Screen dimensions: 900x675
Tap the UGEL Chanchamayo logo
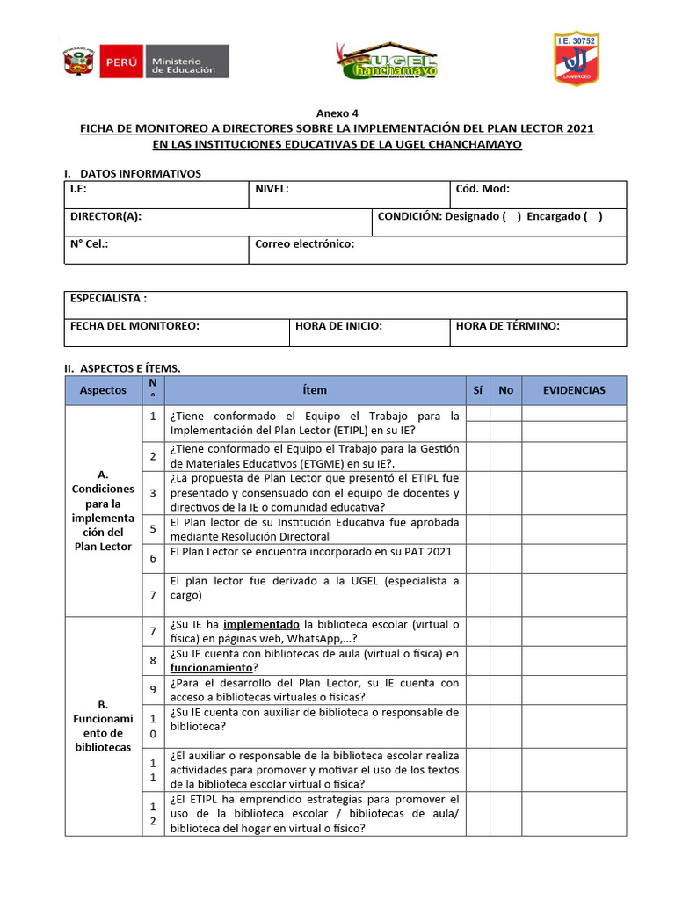point(387,62)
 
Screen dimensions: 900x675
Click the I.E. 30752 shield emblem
point(575,59)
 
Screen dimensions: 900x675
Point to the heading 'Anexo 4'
point(337,113)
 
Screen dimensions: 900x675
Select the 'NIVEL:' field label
point(272,189)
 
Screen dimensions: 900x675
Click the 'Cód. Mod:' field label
point(483,189)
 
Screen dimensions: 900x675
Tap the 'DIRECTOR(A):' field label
point(105,216)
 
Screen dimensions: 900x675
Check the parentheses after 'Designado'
point(512,216)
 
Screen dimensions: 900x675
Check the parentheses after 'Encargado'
point(593,216)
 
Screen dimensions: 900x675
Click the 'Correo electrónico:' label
point(304,244)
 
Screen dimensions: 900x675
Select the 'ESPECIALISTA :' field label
point(108,299)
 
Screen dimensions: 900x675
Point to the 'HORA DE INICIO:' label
point(338,326)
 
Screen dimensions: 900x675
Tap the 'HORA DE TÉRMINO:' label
point(507,326)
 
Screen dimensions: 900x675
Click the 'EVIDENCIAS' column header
point(574,390)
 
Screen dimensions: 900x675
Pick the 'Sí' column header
point(477,390)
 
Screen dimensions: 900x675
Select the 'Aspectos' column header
point(103,390)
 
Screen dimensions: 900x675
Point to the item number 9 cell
point(152,690)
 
